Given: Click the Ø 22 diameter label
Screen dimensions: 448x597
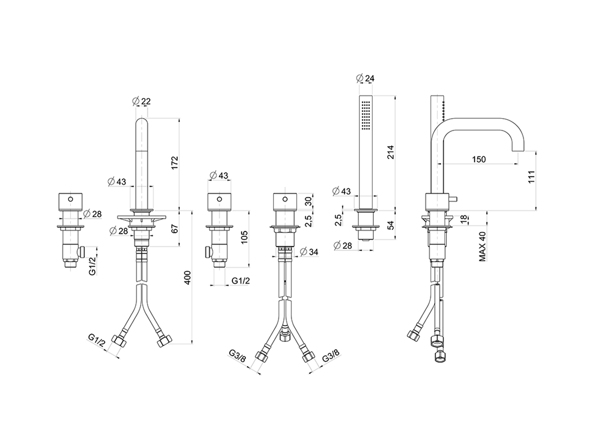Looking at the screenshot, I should tap(141, 101).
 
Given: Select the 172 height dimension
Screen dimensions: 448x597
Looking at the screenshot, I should tap(175, 163).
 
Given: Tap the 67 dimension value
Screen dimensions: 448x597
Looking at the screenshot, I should tap(175, 228).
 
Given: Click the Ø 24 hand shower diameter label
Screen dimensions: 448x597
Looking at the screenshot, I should tap(365, 78).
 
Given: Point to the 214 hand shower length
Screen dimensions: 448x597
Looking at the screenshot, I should tap(391, 152).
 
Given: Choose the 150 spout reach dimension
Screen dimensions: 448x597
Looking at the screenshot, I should tap(478, 160).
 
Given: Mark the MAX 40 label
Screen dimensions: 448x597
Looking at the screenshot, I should tap(483, 246).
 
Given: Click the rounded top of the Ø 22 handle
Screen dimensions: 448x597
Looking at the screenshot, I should tap(141, 123).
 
